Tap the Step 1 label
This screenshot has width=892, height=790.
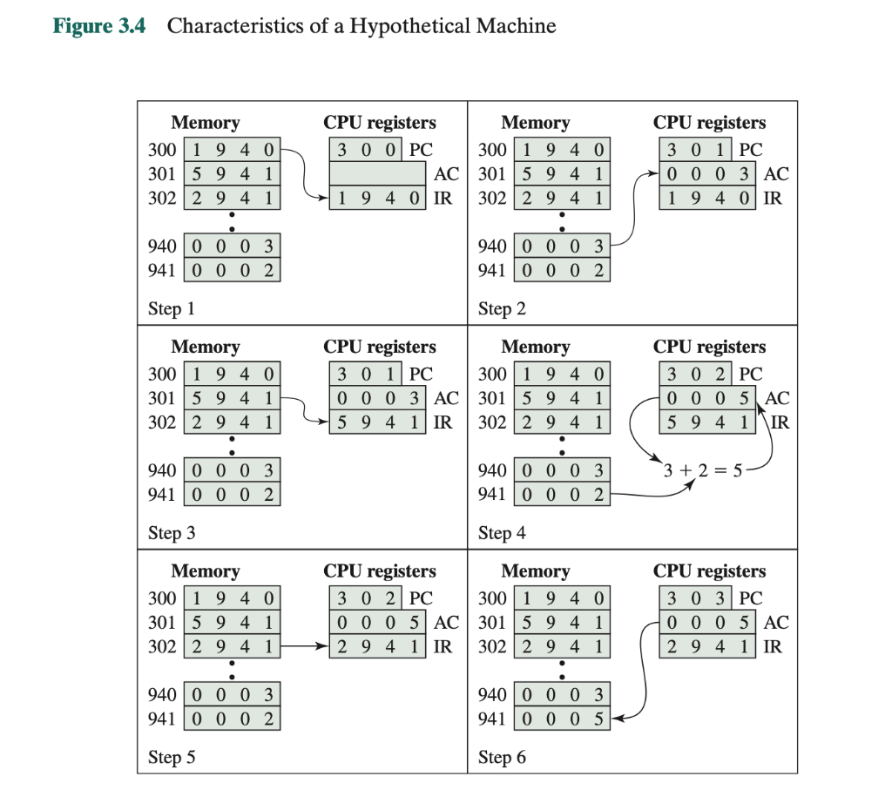(172, 308)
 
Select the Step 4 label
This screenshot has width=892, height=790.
(502, 533)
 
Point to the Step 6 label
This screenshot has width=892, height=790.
(502, 757)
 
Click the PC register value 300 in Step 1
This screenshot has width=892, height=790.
(365, 149)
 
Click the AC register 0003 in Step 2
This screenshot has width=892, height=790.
(707, 173)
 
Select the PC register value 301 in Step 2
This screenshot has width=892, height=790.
(695, 149)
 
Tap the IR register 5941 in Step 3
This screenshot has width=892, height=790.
(377, 422)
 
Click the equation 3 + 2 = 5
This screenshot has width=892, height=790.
(701, 471)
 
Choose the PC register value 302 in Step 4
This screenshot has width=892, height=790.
(695, 374)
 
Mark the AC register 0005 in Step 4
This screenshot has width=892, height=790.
(707, 398)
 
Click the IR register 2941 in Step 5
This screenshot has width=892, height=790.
(377, 646)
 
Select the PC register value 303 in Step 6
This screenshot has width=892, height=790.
(695, 598)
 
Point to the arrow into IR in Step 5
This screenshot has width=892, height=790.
(306, 647)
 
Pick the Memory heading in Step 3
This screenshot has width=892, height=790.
(206, 347)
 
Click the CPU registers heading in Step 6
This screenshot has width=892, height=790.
(710, 571)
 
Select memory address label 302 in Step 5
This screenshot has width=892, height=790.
(162, 647)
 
